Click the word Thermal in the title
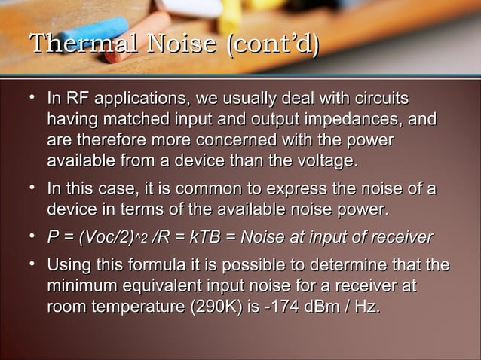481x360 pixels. [x=67, y=44]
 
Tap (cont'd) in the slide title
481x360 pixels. [x=273, y=44]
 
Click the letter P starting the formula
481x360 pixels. [x=53, y=238]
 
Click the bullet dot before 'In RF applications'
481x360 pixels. [x=32, y=99]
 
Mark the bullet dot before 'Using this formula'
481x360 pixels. [x=32, y=265]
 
